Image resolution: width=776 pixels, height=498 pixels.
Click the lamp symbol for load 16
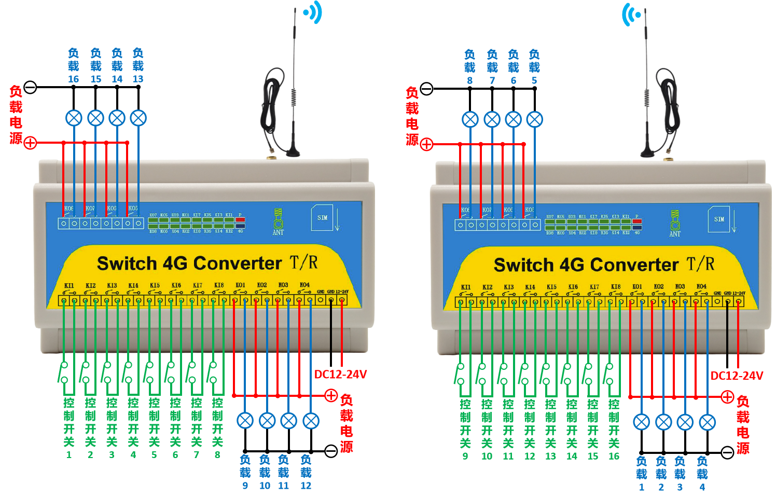74,118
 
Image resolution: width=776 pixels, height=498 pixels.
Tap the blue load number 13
138,79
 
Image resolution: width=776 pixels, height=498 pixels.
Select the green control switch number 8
217,455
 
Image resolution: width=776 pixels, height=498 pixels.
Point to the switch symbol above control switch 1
63,372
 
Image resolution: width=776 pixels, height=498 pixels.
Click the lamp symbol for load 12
311,421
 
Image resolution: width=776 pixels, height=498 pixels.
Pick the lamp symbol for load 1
642,422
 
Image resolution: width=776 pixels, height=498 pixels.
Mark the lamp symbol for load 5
534,120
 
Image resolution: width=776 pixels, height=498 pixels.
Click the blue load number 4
702,487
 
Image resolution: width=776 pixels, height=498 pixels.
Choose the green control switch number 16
614,456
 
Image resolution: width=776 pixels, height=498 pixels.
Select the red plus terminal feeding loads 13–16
31,143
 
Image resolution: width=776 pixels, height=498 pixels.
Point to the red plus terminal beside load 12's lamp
331,396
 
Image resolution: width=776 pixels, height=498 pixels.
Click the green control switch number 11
508,456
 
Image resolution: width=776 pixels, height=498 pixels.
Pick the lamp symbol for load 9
245,421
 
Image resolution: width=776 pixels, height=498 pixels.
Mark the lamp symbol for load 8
470,120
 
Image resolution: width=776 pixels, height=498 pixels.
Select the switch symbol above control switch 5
149,372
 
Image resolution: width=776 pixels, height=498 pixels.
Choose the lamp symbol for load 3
685,422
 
